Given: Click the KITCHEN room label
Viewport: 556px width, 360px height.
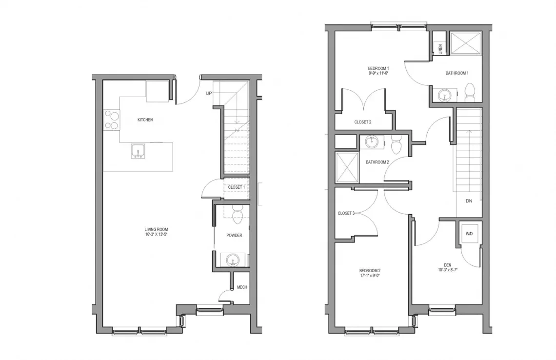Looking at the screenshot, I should [x=145, y=120].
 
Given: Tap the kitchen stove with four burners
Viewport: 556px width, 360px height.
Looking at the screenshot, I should [x=112, y=120].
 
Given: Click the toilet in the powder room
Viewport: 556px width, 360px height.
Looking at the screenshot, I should [x=237, y=215].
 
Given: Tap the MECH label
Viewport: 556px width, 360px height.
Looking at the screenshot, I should [x=242, y=287].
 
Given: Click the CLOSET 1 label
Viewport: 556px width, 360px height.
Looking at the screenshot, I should [x=237, y=187].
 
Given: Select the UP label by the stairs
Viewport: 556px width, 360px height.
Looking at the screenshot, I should [x=209, y=93].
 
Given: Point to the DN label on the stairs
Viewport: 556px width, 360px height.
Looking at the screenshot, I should [x=469, y=201].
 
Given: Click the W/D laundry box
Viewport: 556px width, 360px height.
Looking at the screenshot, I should [x=469, y=234].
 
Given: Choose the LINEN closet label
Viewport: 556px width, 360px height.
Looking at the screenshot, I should [x=440, y=48].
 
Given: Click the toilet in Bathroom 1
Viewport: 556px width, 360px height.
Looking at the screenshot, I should [x=470, y=92].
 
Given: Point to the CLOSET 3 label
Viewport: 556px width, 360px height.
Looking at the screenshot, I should [x=346, y=213].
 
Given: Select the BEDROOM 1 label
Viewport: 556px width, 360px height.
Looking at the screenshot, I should [x=378, y=68].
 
